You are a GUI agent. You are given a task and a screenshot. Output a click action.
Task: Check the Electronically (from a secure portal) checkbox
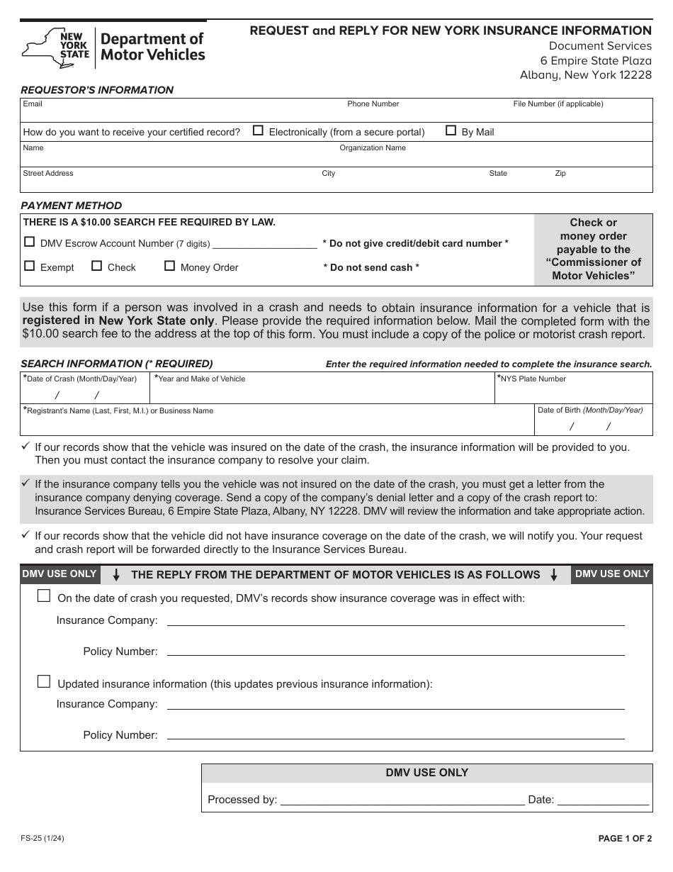[258, 130]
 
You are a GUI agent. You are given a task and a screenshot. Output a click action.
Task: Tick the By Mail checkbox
[451, 130]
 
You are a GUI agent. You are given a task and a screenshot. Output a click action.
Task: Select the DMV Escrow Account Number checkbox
[29, 242]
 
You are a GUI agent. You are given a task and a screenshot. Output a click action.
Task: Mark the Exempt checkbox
[29, 266]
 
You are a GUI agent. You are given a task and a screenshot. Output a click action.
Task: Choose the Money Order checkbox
[169, 266]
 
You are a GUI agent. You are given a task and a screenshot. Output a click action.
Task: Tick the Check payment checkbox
[96, 266]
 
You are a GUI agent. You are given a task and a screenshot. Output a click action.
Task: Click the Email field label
[33, 104]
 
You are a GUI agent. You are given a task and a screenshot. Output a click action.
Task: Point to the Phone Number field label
[373, 104]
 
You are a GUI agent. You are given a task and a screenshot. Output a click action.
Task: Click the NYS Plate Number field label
[533, 379]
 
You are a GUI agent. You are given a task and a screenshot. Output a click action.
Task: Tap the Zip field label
[560, 174]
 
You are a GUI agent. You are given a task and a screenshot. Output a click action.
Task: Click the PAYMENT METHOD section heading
[71, 206]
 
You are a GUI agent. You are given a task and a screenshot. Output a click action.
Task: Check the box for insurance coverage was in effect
[44, 596]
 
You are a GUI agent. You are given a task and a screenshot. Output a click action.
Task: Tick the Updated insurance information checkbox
[44, 682]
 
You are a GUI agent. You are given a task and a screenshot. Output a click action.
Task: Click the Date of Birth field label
[590, 410]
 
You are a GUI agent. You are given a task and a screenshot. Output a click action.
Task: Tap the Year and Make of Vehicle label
[201, 379]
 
